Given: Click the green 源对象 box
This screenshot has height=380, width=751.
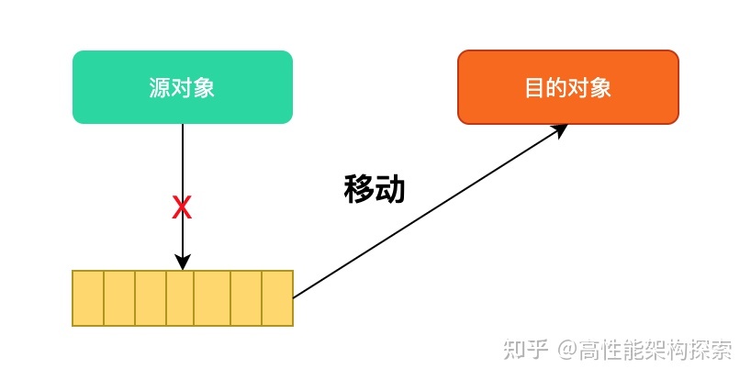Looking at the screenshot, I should point(182,87).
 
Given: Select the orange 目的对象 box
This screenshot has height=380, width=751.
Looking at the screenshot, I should point(567,87).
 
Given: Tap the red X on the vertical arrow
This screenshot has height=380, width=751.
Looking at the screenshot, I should point(182,208).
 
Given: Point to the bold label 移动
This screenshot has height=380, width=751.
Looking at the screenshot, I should point(374,188).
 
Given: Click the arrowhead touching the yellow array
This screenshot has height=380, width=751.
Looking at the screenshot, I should point(182,263).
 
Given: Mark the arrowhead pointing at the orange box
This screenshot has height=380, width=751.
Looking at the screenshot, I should point(560,129).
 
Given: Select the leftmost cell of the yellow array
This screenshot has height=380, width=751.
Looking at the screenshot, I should point(88,298).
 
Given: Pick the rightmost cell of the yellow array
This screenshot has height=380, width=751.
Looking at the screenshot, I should point(277,298).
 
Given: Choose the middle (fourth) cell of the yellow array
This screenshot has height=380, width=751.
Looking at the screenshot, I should point(182,298).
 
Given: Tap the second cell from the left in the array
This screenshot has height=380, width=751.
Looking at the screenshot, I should point(119,298).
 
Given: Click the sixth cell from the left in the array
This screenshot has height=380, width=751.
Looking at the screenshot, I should point(245,298).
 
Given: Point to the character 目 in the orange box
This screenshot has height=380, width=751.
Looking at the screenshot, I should point(534,88).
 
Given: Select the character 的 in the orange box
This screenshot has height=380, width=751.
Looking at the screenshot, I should point(556,88).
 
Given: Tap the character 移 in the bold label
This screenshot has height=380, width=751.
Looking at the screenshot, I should point(358,188).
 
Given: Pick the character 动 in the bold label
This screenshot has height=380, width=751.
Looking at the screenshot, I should point(390,188).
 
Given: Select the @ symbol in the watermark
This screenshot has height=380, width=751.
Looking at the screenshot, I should point(569,350).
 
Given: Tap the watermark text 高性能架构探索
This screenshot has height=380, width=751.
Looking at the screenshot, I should point(656,349).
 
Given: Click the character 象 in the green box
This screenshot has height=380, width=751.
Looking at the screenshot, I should point(204,88).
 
